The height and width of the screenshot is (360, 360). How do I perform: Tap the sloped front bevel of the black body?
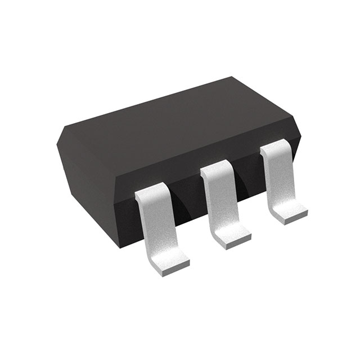click(186, 169)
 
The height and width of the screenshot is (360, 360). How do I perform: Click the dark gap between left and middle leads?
click(188, 202)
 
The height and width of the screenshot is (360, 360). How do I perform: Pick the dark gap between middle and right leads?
click(247, 180)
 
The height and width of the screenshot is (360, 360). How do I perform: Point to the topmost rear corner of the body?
click(231, 77)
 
